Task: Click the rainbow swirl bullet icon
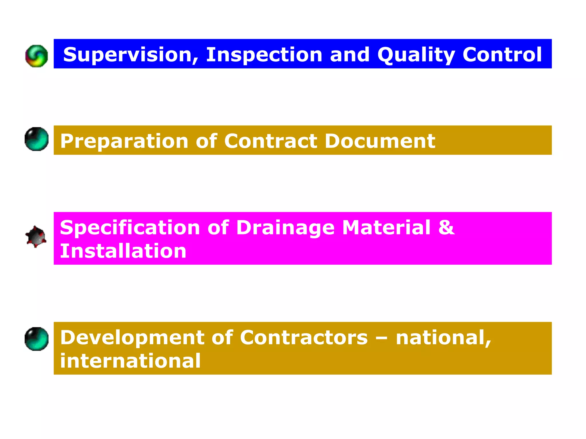pyautogui.click(x=37, y=56)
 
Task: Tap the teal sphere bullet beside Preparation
pyautogui.click(x=37, y=139)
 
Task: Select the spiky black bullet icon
pyautogui.click(x=36, y=236)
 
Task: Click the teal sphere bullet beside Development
pyautogui.click(x=37, y=339)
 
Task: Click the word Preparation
pyautogui.click(x=124, y=141)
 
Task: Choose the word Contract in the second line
pyautogui.click(x=271, y=141)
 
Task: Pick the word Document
pyautogui.click(x=380, y=141)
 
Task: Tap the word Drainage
pyautogui.click(x=285, y=228)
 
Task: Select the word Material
pyautogui.click(x=386, y=228)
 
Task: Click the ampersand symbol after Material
pyautogui.click(x=446, y=228)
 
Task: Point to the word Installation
pyautogui.click(x=123, y=251)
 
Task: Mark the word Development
pyautogui.click(x=132, y=338)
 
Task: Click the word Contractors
pyautogui.click(x=304, y=338)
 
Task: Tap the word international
pyautogui.click(x=130, y=361)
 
